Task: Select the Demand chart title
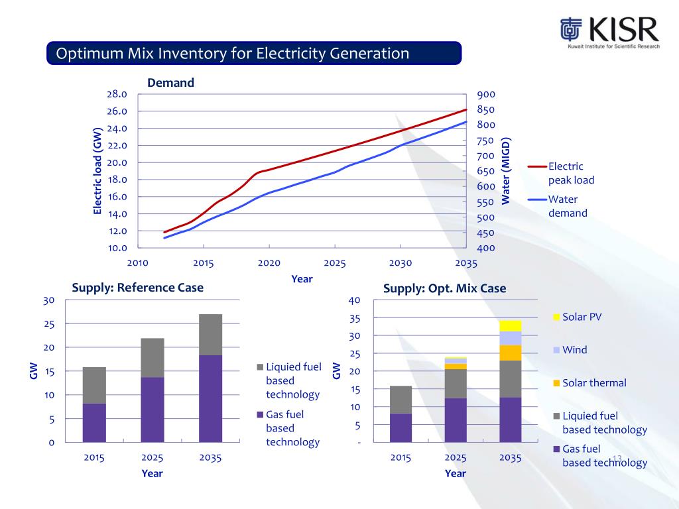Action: point(170,83)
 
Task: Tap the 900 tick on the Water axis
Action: point(485,94)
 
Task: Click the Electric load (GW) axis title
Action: point(97,171)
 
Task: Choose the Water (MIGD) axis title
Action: point(507,171)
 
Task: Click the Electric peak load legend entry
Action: point(570,173)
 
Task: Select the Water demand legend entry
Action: point(567,206)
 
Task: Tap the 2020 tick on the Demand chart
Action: point(269,263)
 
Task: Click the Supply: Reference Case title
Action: point(137,288)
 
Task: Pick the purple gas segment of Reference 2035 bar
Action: point(210,398)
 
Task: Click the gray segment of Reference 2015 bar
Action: point(94,385)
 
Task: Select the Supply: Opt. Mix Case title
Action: point(444,288)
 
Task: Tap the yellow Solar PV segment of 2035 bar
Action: point(510,325)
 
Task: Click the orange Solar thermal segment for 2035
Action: point(510,353)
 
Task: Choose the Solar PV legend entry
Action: point(581,317)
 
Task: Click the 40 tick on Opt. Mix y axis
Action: point(354,300)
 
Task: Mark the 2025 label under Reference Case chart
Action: point(152,457)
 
